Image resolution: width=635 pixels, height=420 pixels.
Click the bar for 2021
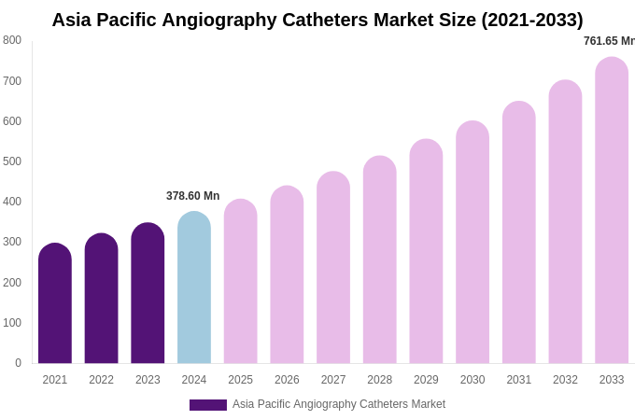(x=55, y=303)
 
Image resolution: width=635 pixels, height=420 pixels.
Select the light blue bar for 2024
(x=194, y=287)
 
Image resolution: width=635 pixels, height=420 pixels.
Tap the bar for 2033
(x=612, y=210)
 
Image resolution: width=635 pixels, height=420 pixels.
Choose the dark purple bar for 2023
(x=148, y=293)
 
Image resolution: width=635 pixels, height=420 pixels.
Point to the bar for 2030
(x=473, y=243)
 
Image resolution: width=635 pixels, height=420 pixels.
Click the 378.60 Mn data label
(x=192, y=196)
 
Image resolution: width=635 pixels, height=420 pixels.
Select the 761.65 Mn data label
(x=609, y=41)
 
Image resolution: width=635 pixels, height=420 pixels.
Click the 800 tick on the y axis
(x=12, y=40)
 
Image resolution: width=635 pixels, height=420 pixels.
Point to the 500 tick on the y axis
(x=12, y=161)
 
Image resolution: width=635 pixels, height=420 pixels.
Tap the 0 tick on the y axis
(x=18, y=363)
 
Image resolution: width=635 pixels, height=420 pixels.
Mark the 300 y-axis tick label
(x=12, y=242)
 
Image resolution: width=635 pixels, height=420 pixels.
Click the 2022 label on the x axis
(x=101, y=380)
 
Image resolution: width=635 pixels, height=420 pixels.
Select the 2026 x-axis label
(x=287, y=380)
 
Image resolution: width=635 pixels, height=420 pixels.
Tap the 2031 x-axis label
(x=519, y=380)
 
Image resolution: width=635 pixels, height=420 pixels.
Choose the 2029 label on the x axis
(x=426, y=380)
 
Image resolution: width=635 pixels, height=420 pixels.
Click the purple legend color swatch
(x=208, y=405)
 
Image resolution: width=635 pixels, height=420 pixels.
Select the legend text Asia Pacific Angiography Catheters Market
(x=339, y=404)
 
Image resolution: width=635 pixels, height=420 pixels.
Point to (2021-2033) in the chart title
(x=531, y=20)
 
